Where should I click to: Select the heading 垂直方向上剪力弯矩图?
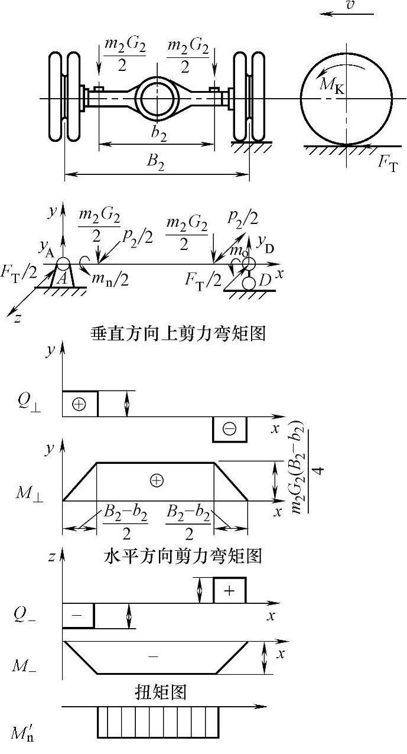point(178,333)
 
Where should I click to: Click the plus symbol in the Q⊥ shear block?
point(79,404)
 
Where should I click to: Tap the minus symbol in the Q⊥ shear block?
point(229,429)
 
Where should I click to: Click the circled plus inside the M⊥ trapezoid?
point(157,481)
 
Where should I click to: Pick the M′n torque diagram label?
point(25,733)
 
